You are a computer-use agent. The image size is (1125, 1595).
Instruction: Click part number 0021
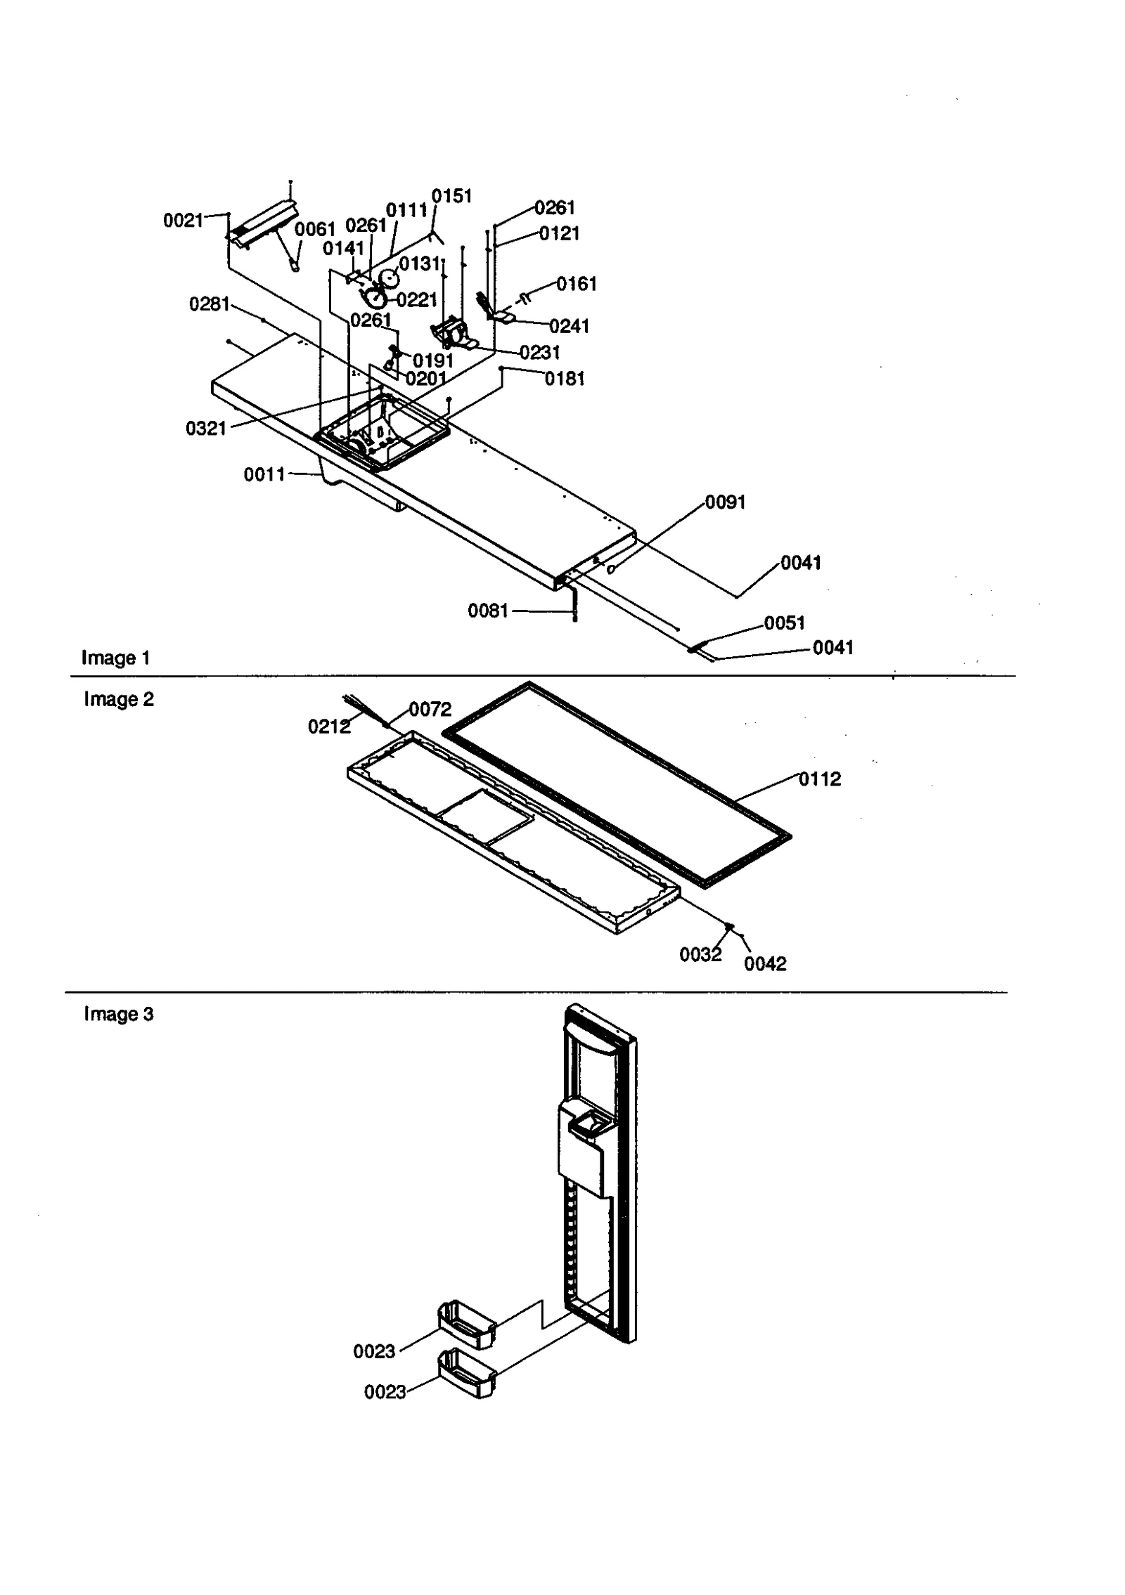coord(183,221)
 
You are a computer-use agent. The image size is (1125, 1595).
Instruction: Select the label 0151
coord(451,196)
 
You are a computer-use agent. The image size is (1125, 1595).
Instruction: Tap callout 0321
coord(206,429)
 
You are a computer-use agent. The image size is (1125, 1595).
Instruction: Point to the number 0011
coord(264,475)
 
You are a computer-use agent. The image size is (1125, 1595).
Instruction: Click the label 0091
coord(725,502)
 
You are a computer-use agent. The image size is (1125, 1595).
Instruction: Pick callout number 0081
coord(488,611)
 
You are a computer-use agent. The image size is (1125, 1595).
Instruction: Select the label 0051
coord(784,623)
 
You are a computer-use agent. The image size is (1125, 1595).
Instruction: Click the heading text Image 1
coord(115,658)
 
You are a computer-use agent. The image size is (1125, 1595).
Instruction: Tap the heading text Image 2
coord(118,699)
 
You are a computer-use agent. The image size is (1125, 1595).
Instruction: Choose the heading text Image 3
coord(118,1014)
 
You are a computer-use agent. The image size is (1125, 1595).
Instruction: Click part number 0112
coord(819,779)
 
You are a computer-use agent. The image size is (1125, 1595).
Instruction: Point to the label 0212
coord(329,727)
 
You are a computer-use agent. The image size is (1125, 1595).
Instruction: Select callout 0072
coord(430,710)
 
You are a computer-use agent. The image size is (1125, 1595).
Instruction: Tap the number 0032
coord(700,955)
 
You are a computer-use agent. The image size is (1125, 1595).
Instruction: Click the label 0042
coord(765,964)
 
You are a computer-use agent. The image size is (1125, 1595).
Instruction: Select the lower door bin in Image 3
coord(466,1373)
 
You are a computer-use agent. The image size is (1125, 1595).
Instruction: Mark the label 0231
coord(539,353)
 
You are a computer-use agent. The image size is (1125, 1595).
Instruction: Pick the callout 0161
coord(577,284)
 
